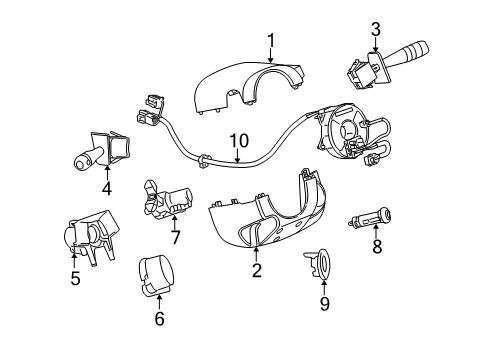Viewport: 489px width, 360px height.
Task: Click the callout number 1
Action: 270,40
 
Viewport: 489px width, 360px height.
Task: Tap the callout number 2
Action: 256,270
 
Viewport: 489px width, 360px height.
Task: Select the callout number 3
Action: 375,28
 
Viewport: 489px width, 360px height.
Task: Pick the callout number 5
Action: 75,279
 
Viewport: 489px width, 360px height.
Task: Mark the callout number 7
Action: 175,237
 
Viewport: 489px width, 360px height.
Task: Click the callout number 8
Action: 377,247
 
